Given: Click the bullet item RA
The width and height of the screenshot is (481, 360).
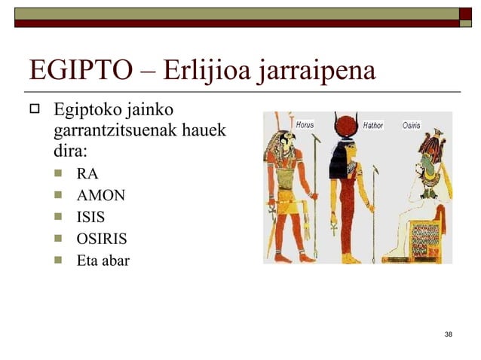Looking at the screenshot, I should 87,175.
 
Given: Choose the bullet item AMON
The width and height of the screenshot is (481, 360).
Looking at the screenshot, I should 100,197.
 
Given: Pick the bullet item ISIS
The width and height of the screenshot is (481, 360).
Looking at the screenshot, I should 90,218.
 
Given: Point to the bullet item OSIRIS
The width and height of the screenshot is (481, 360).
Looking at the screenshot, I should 101,240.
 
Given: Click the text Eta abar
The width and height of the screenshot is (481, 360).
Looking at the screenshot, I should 103,262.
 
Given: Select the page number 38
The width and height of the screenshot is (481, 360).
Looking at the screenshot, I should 449,334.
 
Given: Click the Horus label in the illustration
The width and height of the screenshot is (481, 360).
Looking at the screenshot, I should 305,124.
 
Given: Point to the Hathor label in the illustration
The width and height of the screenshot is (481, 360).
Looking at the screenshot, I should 374,125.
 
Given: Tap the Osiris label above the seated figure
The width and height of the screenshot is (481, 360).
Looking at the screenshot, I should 412,125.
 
